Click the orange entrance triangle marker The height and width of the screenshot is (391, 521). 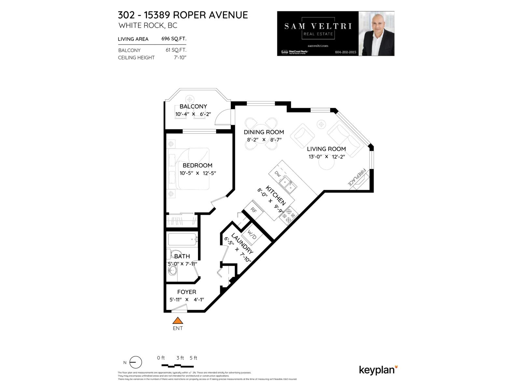pyautogui.click(x=177, y=321)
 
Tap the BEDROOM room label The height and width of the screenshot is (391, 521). pyautogui.click(x=197, y=166)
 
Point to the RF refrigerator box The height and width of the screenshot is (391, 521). pyautogui.click(x=254, y=210)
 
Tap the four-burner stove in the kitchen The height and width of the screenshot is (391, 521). pyautogui.click(x=289, y=215)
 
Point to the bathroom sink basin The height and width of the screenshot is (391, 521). pyautogui.click(x=172, y=270)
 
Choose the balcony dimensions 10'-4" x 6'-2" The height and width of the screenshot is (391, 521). pyautogui.click(x=193, y=114)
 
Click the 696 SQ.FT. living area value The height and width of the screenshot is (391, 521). pyautogui.click(x=174, y=39)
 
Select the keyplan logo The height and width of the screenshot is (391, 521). pyautogui.click(x=378, y=370)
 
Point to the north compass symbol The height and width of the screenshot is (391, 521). pyautogui.click(x=136, y=362)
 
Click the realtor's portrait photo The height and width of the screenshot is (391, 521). pyautogui.click(x=376, y=34)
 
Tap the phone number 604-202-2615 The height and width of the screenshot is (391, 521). pyautogui.click(x=345, y=52)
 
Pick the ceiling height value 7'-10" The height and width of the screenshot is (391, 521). pyautogui.click(x=180, y=58)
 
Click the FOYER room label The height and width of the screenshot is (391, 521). pyautogui.click(x=187, y=292)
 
